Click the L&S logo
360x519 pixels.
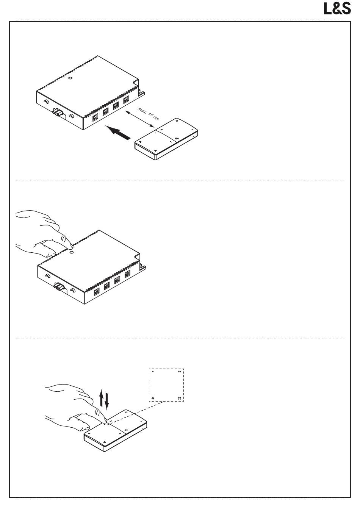(x=337, y=9)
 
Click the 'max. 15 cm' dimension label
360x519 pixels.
(x=149, y=114)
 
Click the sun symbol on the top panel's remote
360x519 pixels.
(x=178, y=139)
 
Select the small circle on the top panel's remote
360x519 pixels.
(x=177, y=120)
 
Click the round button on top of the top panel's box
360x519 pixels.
(x=71, y=78)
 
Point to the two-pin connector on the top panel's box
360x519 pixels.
(x=58, y=113)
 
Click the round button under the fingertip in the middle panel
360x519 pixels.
(x=71, y=252)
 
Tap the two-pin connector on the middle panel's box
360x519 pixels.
(x=59, y=287)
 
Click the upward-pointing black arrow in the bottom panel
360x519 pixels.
(x=101, y=398)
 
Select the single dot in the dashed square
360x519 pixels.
(x=153, y=372)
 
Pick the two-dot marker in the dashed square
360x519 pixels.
(x=179, y=372)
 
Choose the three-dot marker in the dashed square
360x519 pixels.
(x=153, y=398)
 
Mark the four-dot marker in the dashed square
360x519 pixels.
(x=179, y=398)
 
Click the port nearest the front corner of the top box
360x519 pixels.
(x=95, y=118)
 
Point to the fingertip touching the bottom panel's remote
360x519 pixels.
(x=105, y=419)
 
